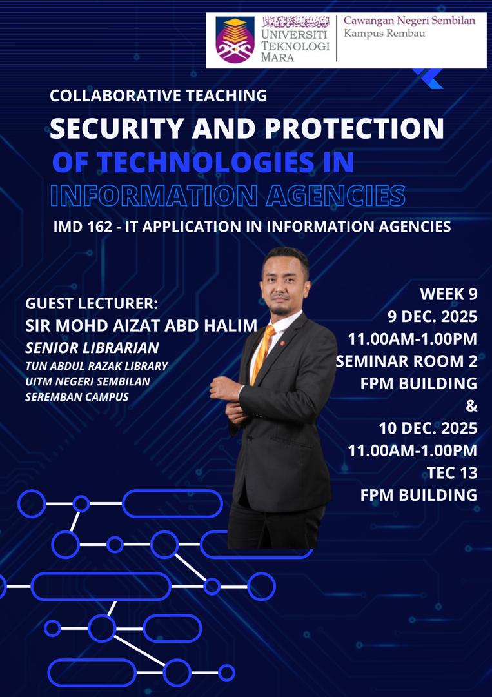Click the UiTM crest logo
(235, 40)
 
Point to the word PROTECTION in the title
(355, 128)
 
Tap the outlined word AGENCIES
(335, 196)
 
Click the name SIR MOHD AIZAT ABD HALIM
(141, 325)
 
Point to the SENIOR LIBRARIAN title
(92, 348)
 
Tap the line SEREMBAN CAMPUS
(77, 396)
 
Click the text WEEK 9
(449, 294)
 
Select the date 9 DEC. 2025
(431, 316)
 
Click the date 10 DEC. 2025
(428, 428)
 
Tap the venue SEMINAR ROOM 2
(406, 361)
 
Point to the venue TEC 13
(452, 472)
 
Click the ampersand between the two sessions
(472, 406)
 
